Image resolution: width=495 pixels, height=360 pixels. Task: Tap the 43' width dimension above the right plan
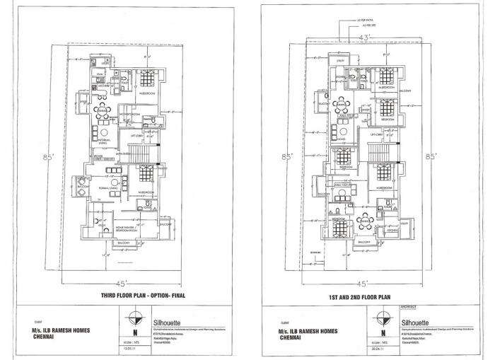(x=365, y=36)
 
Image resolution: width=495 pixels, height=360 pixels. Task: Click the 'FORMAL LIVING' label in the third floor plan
(x=107, y=189)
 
